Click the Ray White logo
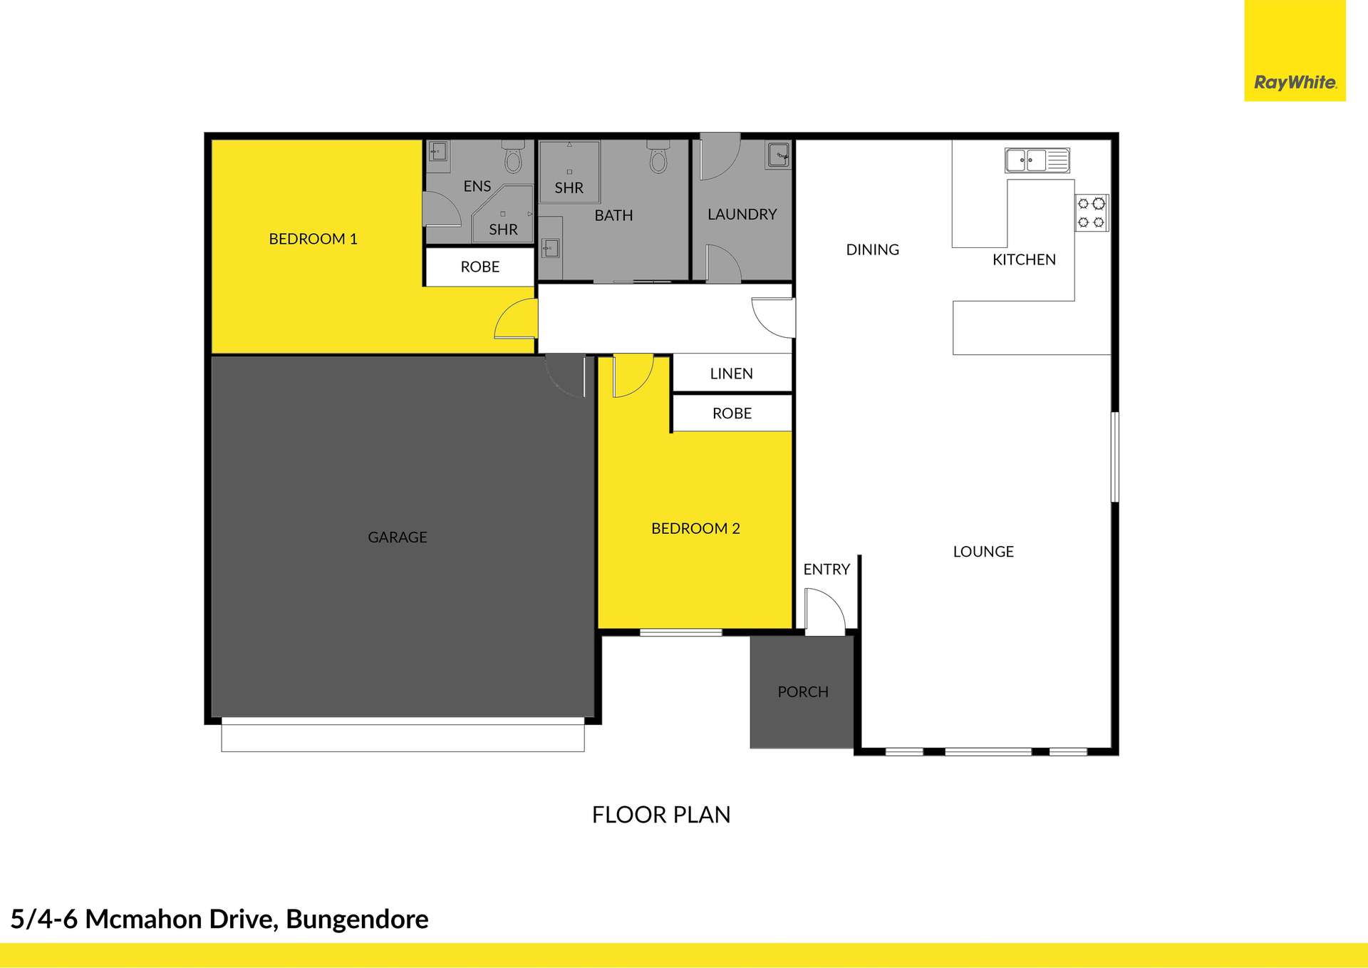[1295, 82]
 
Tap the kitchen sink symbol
[1037, 160]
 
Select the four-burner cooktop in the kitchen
[1091, 212]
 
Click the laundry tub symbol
[779, 154]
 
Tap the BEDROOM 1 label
[313, 239]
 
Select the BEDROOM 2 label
[695, 528]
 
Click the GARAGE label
[397, 537]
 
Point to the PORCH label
[802, 692]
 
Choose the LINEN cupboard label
[731, 374]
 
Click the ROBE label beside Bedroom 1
[480, 267]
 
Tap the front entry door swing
[824, 612]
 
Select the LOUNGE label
[983, 552]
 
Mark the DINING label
[872, 249]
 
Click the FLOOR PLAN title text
[661, 815]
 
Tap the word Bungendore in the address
[357, 920]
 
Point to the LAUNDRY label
[742, 214]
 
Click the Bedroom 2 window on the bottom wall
[680, 632]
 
